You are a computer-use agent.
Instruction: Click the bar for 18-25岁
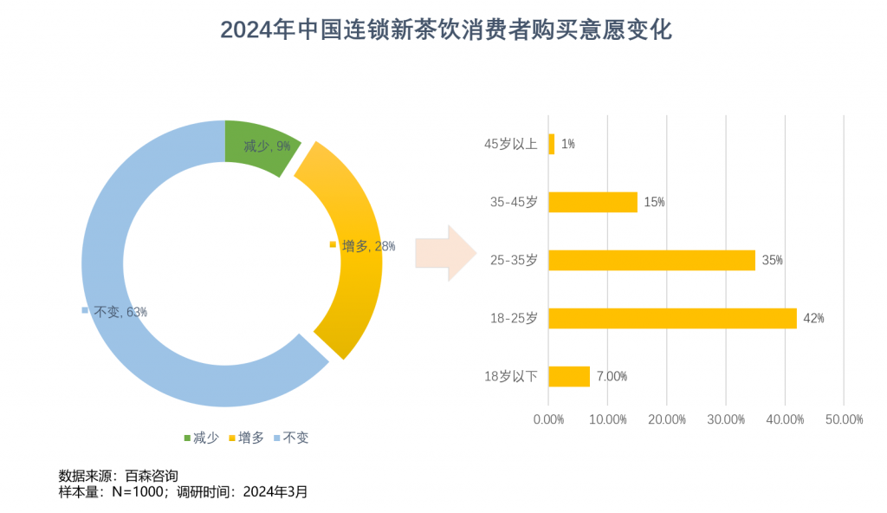click(x=672, y=318)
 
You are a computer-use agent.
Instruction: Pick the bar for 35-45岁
click(x=592, y=202)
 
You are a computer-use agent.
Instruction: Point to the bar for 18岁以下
click(x=569, y=376)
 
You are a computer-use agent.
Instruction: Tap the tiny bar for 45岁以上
click(x=551, y=144)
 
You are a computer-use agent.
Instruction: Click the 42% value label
click(x=813, y=318)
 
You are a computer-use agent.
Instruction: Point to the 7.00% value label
click(x=612, y=376)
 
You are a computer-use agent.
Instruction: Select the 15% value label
click(x=654, y=202)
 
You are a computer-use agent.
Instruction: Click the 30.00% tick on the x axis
click(x=726, y=419)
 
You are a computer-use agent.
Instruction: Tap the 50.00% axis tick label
click(x=845, y=419)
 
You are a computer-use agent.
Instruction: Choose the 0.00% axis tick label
click(x=548, y=419)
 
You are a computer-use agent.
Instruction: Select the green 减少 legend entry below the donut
click(x=201, y=438)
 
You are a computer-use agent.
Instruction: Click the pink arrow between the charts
click(x=446, y=253)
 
